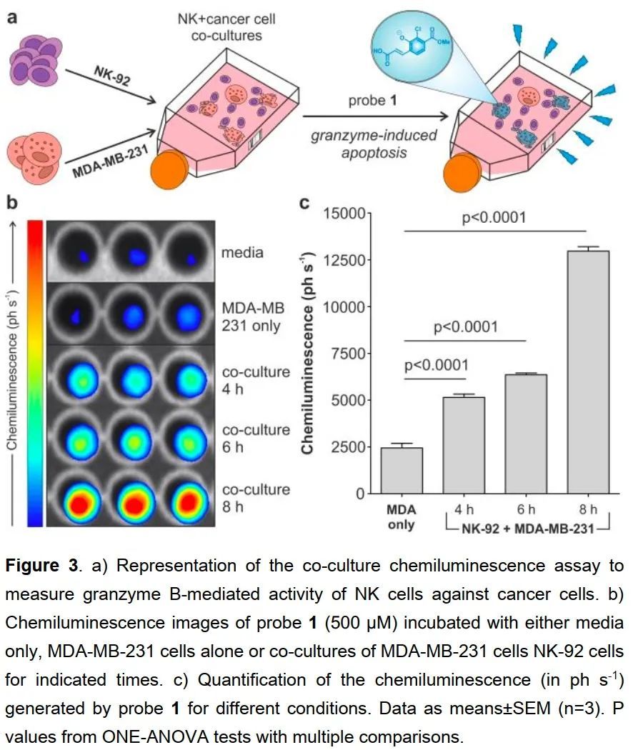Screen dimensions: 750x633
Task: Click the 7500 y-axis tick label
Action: click(348, 354)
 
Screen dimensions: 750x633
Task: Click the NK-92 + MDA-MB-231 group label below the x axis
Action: click(525, 529)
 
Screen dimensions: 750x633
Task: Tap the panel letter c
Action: click(304, 202)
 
